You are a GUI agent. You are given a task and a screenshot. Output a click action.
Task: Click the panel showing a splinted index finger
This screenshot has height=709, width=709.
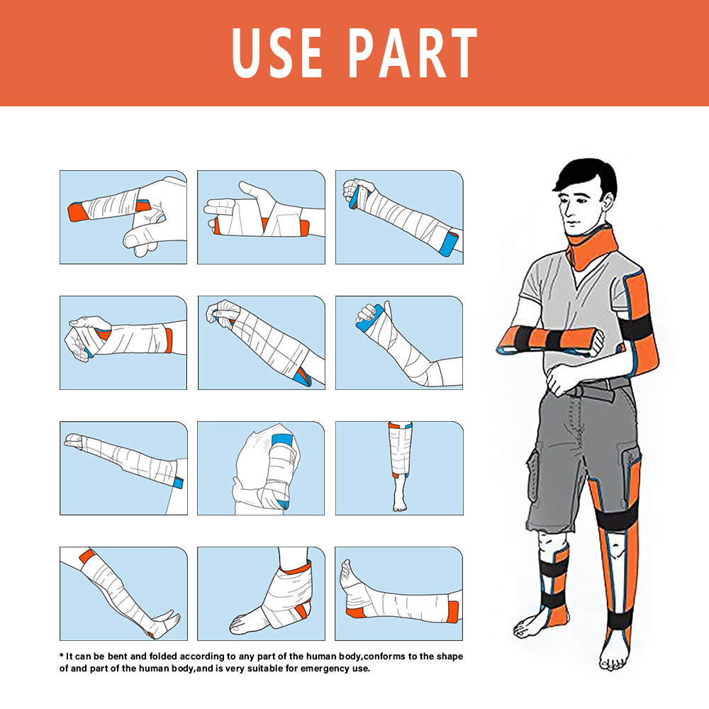(123, 217)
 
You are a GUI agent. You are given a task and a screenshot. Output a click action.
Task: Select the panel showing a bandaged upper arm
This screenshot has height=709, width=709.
(260, 468)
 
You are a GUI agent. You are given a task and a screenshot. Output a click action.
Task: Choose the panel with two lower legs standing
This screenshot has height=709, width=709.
(398, 468)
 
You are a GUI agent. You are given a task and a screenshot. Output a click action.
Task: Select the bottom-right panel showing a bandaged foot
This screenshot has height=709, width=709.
(398, 593)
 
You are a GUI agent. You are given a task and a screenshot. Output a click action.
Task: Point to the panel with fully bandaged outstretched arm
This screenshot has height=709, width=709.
(123, 468)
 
